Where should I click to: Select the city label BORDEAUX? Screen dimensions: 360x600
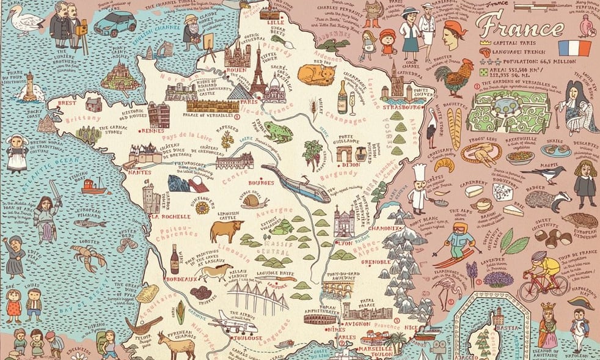[x=180, y=279]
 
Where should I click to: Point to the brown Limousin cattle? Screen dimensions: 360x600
[x=226, y=230]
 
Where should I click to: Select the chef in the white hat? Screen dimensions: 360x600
[x=418, y=187]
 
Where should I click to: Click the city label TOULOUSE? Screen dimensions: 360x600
[x=246, y=339]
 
